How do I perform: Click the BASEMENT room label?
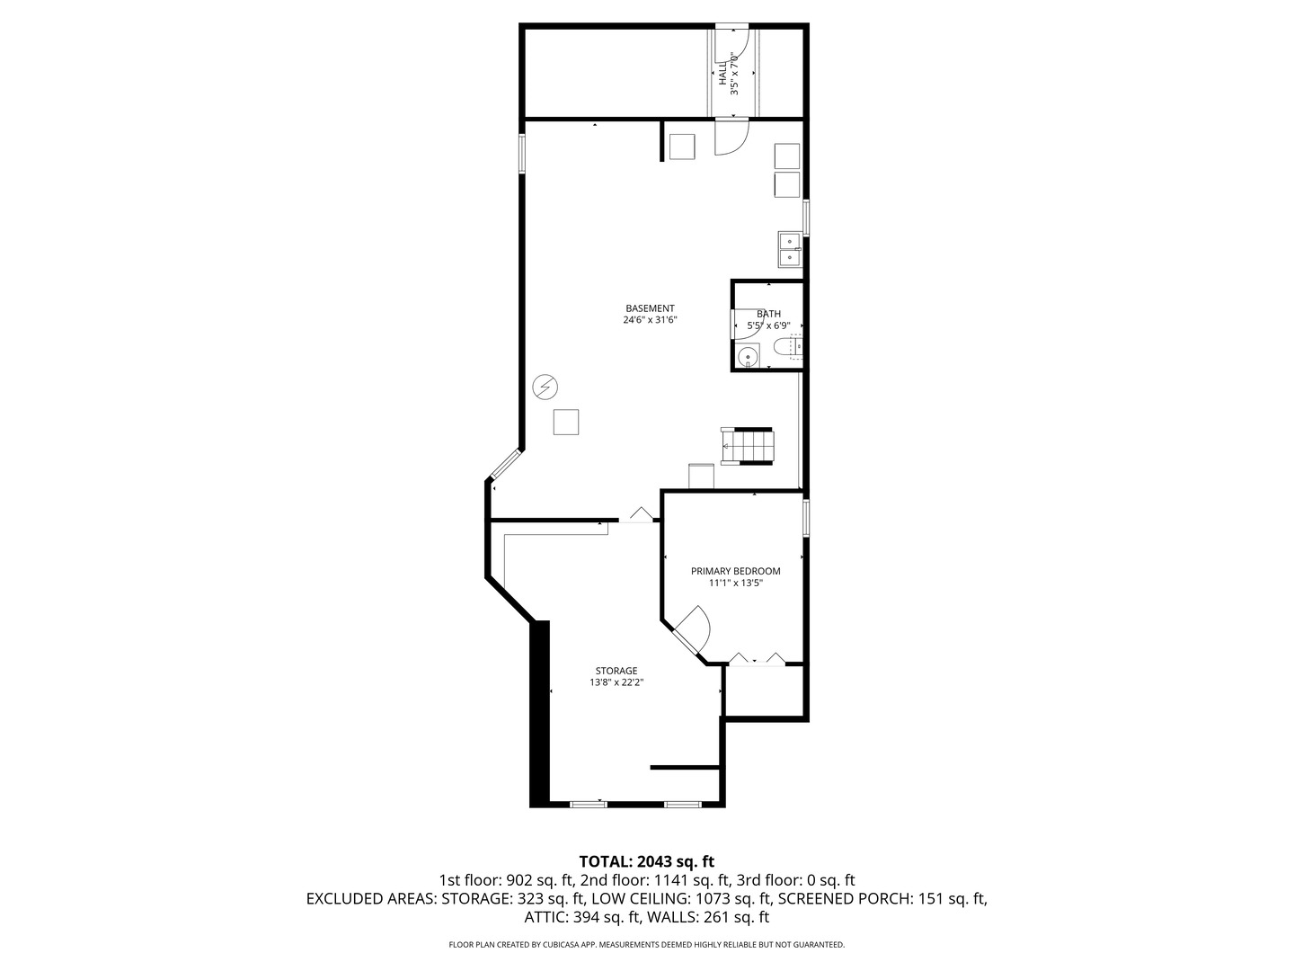[650, 308]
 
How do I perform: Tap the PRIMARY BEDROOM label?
[735, 571]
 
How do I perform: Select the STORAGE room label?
[616, 671]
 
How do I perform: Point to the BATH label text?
[768, 315]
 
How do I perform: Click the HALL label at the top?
[722, 75]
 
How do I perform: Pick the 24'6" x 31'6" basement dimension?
[650, 320]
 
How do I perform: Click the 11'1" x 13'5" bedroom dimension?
[735, 583]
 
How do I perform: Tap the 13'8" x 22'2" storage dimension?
[616, 682]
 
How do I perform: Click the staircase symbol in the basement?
[747, 446]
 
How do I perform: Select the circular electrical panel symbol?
[545, 388]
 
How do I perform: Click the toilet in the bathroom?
[786, 348]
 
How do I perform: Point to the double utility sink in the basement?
[790, 249]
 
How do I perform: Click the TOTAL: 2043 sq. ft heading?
[647, 862]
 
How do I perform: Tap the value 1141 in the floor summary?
[666, 881]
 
